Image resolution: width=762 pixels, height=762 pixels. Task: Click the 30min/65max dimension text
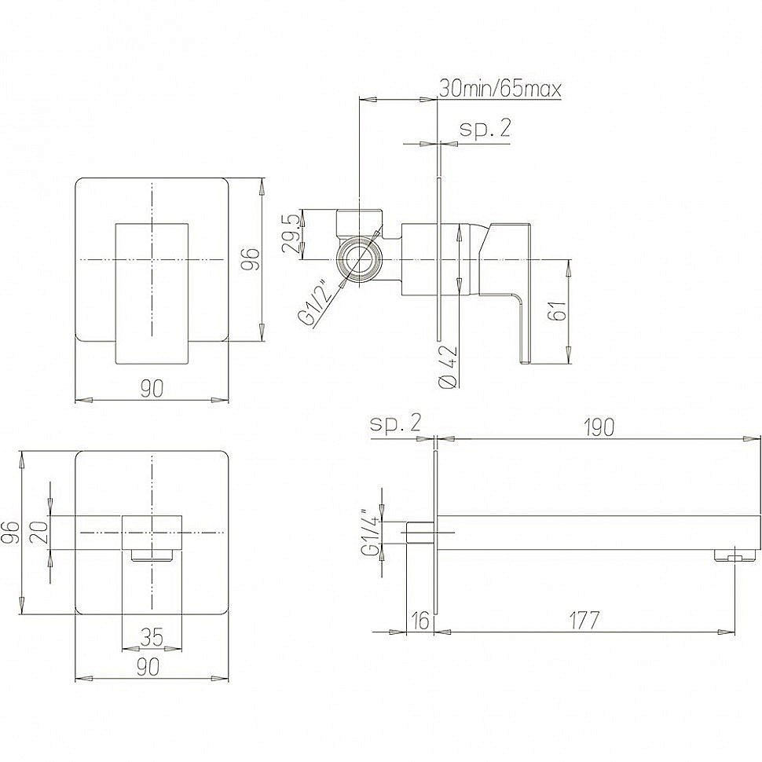pos(500,89)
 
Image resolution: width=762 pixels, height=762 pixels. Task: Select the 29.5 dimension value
pos(291,234)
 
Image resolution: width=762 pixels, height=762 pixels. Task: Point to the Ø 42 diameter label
pos(448,366)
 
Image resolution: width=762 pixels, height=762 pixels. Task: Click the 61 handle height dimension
pos(559,310)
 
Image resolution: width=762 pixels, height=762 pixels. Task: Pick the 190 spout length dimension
pos(599,427)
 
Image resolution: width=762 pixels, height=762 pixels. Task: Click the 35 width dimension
pos(151,637)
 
